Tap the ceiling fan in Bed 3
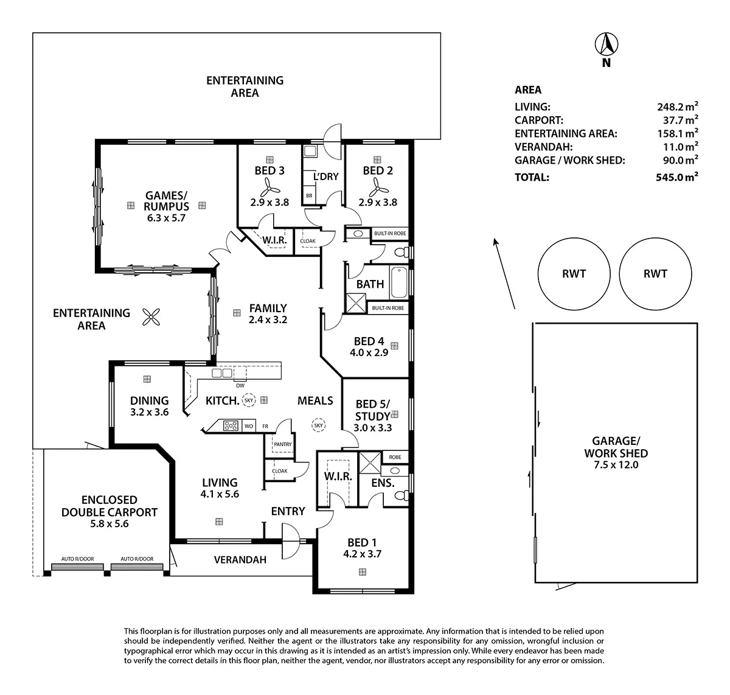[x=269, y=189]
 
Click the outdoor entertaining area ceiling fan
[x=151, y=316]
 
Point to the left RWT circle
[x=574, y=273]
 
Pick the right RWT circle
[x=655, y=273]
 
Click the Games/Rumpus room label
[x=167, y=201]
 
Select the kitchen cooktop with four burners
[x=231, y=426]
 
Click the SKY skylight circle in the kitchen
[x=248, y=400]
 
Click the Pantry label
[x=283, y=444]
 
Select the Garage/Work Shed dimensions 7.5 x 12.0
[x=616, y=465]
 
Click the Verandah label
[x=240, y=560]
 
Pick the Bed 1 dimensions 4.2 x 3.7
[x=363, y=554]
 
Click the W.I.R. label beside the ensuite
[x=338, y=476]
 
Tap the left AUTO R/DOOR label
[x=77, y=559]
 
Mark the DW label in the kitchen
[x=240, y=385]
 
